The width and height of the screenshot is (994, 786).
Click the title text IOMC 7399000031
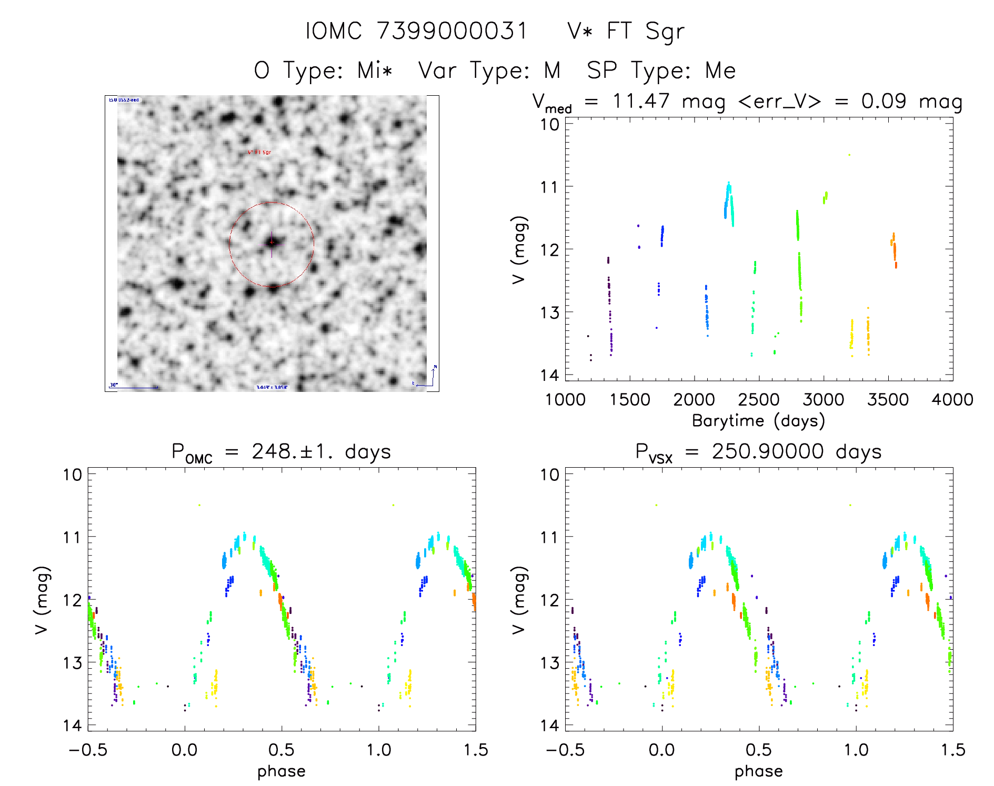coord(416,31)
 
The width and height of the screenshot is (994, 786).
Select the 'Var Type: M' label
coord(489,70)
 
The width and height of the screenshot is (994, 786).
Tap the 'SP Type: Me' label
coord(661,70)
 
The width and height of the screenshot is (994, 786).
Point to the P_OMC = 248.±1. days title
coord(282,452)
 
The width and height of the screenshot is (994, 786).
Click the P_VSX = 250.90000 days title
coord(758,452)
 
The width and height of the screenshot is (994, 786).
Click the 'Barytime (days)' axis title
coord(758,421)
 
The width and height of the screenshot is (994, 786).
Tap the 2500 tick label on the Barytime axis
coord(759,399)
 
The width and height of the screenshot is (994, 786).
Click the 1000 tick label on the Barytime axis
coord(565,399)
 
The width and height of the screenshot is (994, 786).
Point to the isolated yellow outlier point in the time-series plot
coord(849,155)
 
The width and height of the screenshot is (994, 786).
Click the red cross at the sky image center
coord(272,243)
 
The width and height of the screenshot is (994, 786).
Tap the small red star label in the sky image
coord(260,152)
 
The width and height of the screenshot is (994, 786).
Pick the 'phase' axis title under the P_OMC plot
coord(282,771)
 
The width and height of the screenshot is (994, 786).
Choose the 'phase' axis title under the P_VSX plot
coord(758,771)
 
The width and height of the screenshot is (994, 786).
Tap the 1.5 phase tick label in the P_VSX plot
coord(952,750)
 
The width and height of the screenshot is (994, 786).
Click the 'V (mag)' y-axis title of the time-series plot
coord(519,249)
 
